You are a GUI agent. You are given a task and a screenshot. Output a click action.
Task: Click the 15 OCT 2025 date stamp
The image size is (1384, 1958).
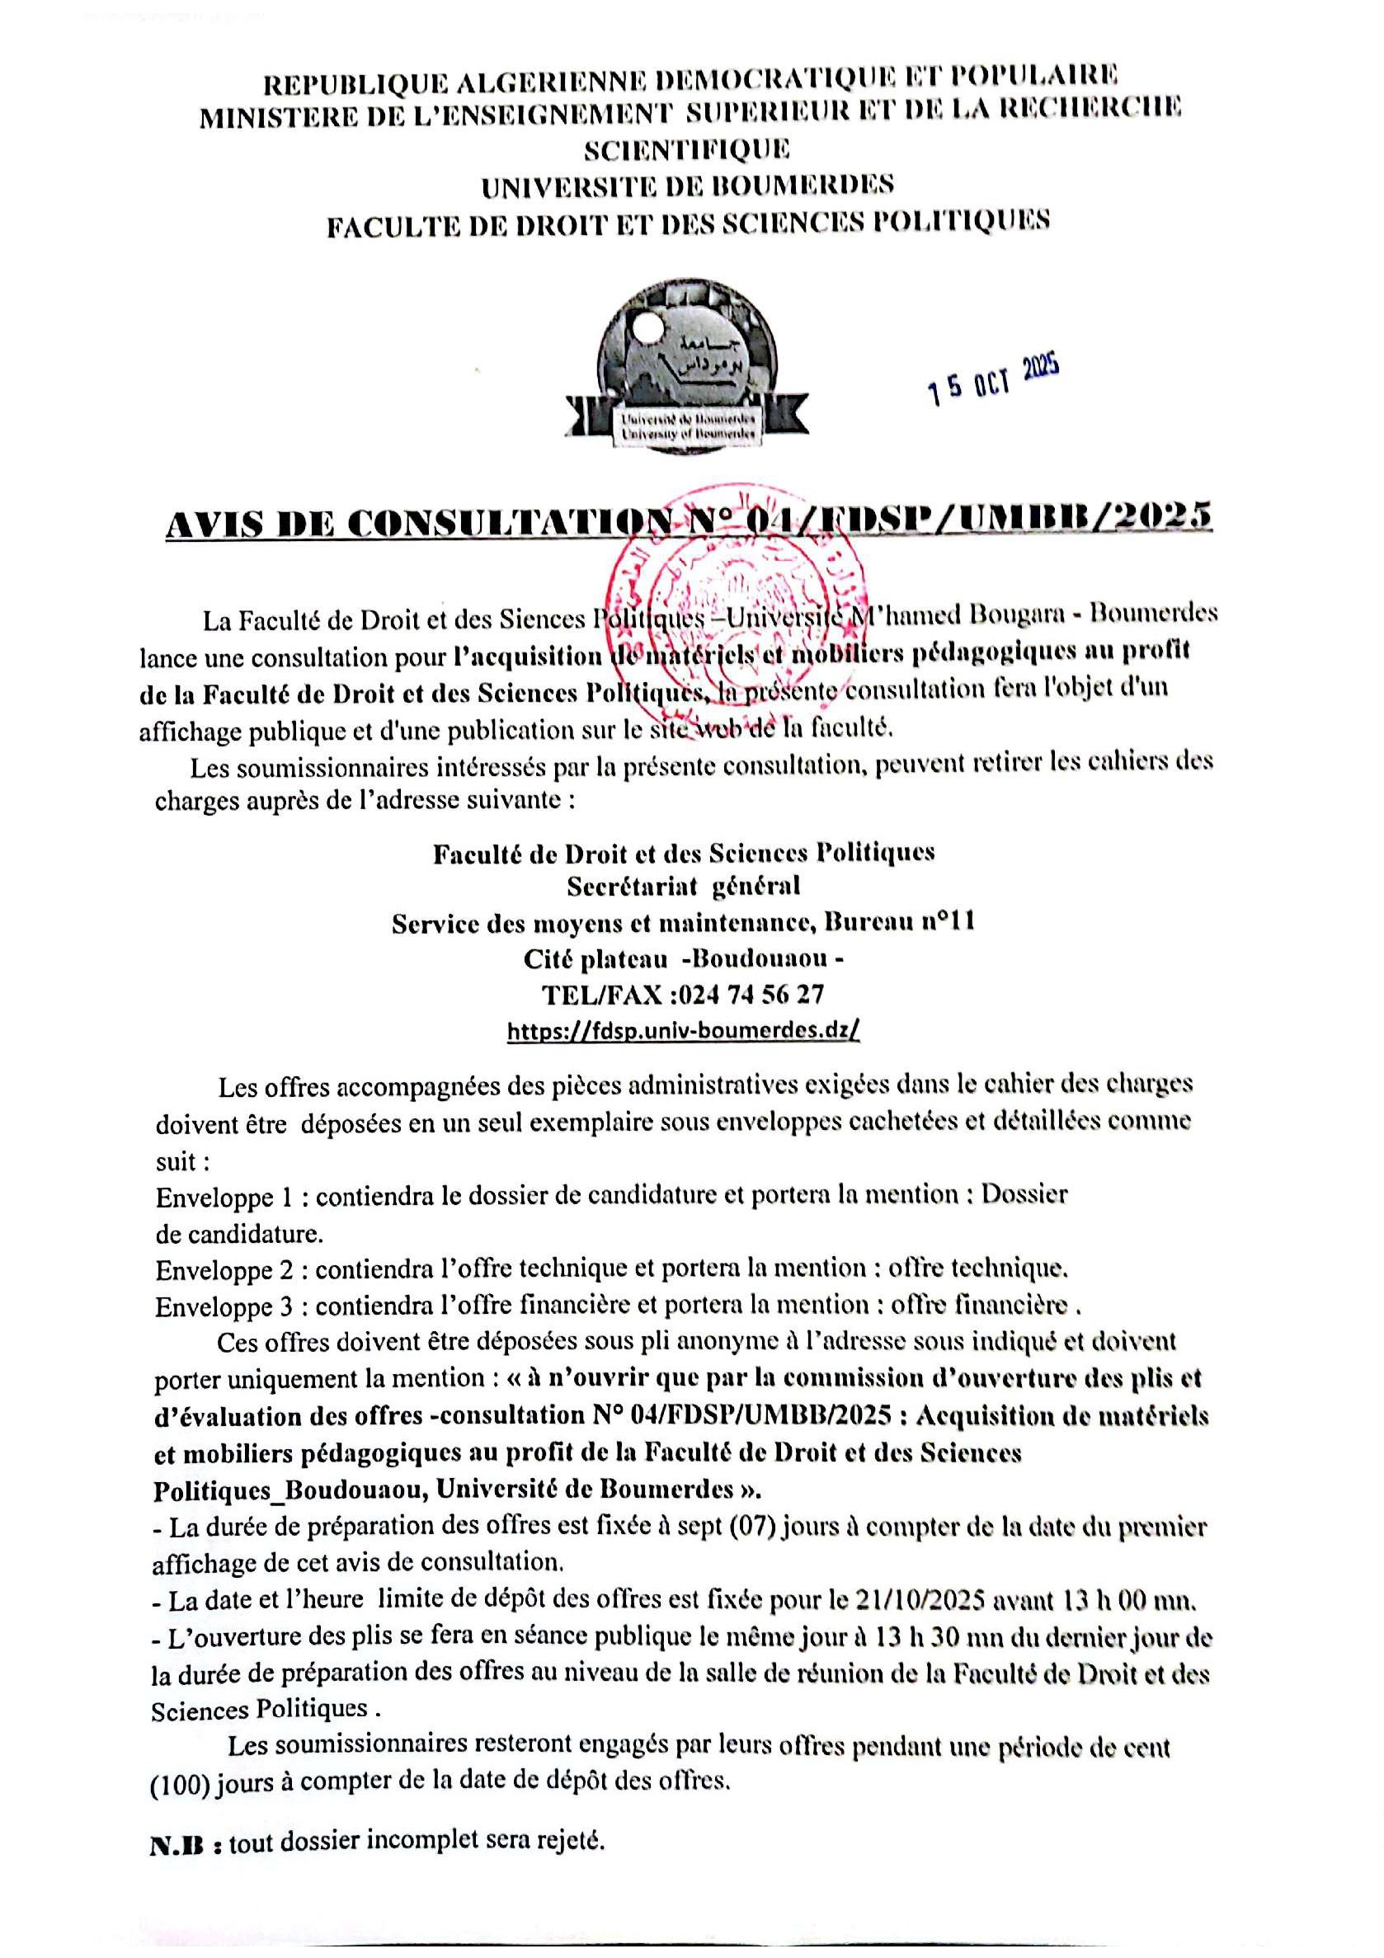click(x=993, y=379)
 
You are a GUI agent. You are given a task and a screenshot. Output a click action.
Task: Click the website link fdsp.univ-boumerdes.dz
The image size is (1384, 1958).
click(x=683, y=1030)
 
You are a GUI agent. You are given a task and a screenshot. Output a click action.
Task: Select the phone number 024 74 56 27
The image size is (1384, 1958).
click(x=751, y=995)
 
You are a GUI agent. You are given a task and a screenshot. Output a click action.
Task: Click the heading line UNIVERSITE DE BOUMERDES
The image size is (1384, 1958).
click(x=687, y=186)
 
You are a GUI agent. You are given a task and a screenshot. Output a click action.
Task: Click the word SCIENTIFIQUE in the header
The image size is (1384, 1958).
click(x=686, y=149)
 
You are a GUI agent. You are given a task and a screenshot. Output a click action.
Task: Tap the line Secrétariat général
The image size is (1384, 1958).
click(x=683, y=887)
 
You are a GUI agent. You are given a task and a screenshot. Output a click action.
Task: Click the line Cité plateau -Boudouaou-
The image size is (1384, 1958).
click(x=683, y=958)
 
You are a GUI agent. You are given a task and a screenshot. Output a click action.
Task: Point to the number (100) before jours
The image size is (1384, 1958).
click(x=180, y=1782)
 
